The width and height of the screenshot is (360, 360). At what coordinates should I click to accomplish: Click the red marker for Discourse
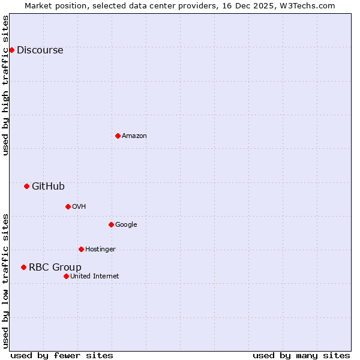[11, 50]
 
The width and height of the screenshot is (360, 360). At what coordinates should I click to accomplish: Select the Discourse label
[40, 50]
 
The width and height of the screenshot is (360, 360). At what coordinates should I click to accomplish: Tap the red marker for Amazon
[118, 136]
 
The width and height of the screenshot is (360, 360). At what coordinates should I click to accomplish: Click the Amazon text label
[134, 136]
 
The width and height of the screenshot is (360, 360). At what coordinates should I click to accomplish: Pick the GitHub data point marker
[26, 186]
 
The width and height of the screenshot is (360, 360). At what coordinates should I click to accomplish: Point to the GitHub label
[48, 187]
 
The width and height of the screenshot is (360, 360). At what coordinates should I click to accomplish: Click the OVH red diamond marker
[68, 206]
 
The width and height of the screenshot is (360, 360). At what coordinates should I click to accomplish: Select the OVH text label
[79, 207]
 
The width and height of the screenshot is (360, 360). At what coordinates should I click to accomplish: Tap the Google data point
[111, 224]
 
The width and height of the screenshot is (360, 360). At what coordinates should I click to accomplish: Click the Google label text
[126, 225]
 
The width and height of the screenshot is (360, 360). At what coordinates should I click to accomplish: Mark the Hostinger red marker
[81, 249]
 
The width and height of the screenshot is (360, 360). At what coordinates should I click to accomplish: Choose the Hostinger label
[100, 250]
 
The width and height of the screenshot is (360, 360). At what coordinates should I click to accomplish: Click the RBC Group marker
[23, 267]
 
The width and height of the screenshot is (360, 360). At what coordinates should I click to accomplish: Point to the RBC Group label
[55, 268]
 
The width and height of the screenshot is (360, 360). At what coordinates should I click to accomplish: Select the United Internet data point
[66, 276]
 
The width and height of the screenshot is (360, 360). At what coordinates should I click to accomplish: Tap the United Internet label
[94, 277]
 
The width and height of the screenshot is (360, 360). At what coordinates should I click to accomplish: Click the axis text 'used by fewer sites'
[62, 356]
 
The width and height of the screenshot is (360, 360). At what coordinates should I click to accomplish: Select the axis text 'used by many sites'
[301, 356]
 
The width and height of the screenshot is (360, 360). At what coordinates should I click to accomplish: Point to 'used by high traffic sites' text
[6, 85]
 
